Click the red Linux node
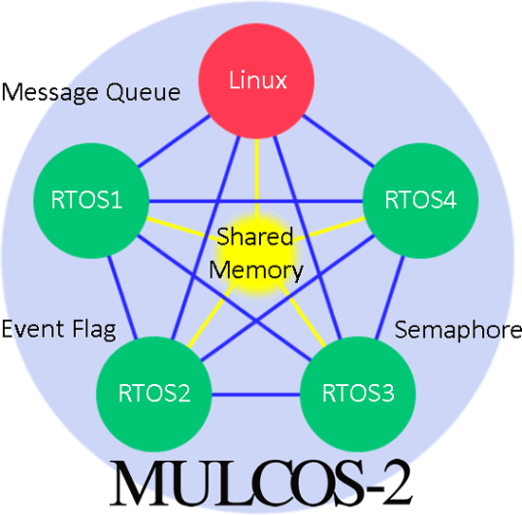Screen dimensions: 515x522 258,80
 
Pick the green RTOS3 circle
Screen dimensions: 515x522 347,391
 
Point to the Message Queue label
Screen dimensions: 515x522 90,92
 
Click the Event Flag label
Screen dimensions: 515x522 58,329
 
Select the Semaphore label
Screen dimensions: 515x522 457,329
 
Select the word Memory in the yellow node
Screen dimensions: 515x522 256,270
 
